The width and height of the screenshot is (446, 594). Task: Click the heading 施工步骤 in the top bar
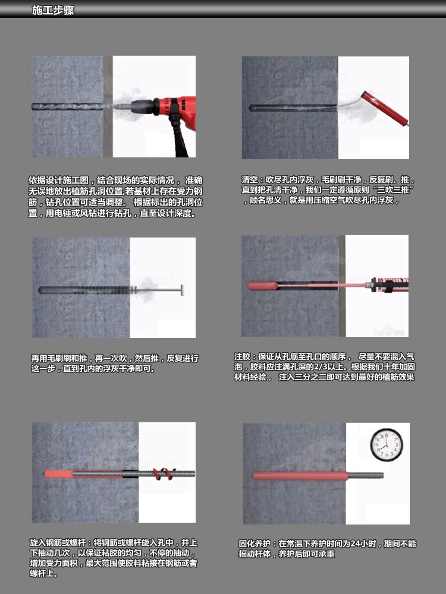[53, 10]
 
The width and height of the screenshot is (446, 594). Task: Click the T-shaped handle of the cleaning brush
[181, 290]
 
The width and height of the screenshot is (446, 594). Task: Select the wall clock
[387, 445]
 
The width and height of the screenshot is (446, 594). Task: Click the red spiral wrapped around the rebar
[164, 473]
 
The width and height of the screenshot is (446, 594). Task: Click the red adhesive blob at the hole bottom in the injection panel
[262, 286]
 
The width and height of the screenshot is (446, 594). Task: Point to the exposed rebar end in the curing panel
[365, 475]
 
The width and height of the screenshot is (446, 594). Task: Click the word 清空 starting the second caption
[250, 179]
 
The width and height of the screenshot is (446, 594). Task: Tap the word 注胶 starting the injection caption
[242, 357]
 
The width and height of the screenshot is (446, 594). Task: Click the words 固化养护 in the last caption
[254, 544]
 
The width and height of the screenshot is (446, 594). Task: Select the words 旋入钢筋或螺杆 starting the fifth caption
[58, 543]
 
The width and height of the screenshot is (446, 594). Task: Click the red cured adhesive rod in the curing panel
[300, 476]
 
